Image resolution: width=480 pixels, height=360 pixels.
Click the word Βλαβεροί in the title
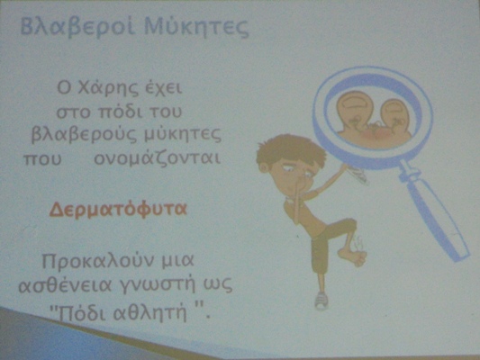click(77, 28)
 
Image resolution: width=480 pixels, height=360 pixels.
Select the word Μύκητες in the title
click(196, 28)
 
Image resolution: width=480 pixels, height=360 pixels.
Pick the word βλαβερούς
click(84, 135)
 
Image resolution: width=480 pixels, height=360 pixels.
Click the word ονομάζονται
click(157, 158)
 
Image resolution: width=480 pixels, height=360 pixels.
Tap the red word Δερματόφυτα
click(118, 210)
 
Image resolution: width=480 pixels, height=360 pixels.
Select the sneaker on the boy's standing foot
click(322, 300)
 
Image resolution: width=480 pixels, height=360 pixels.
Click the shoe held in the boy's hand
click(357, 175)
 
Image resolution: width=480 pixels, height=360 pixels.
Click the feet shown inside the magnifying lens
click(374, 118)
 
